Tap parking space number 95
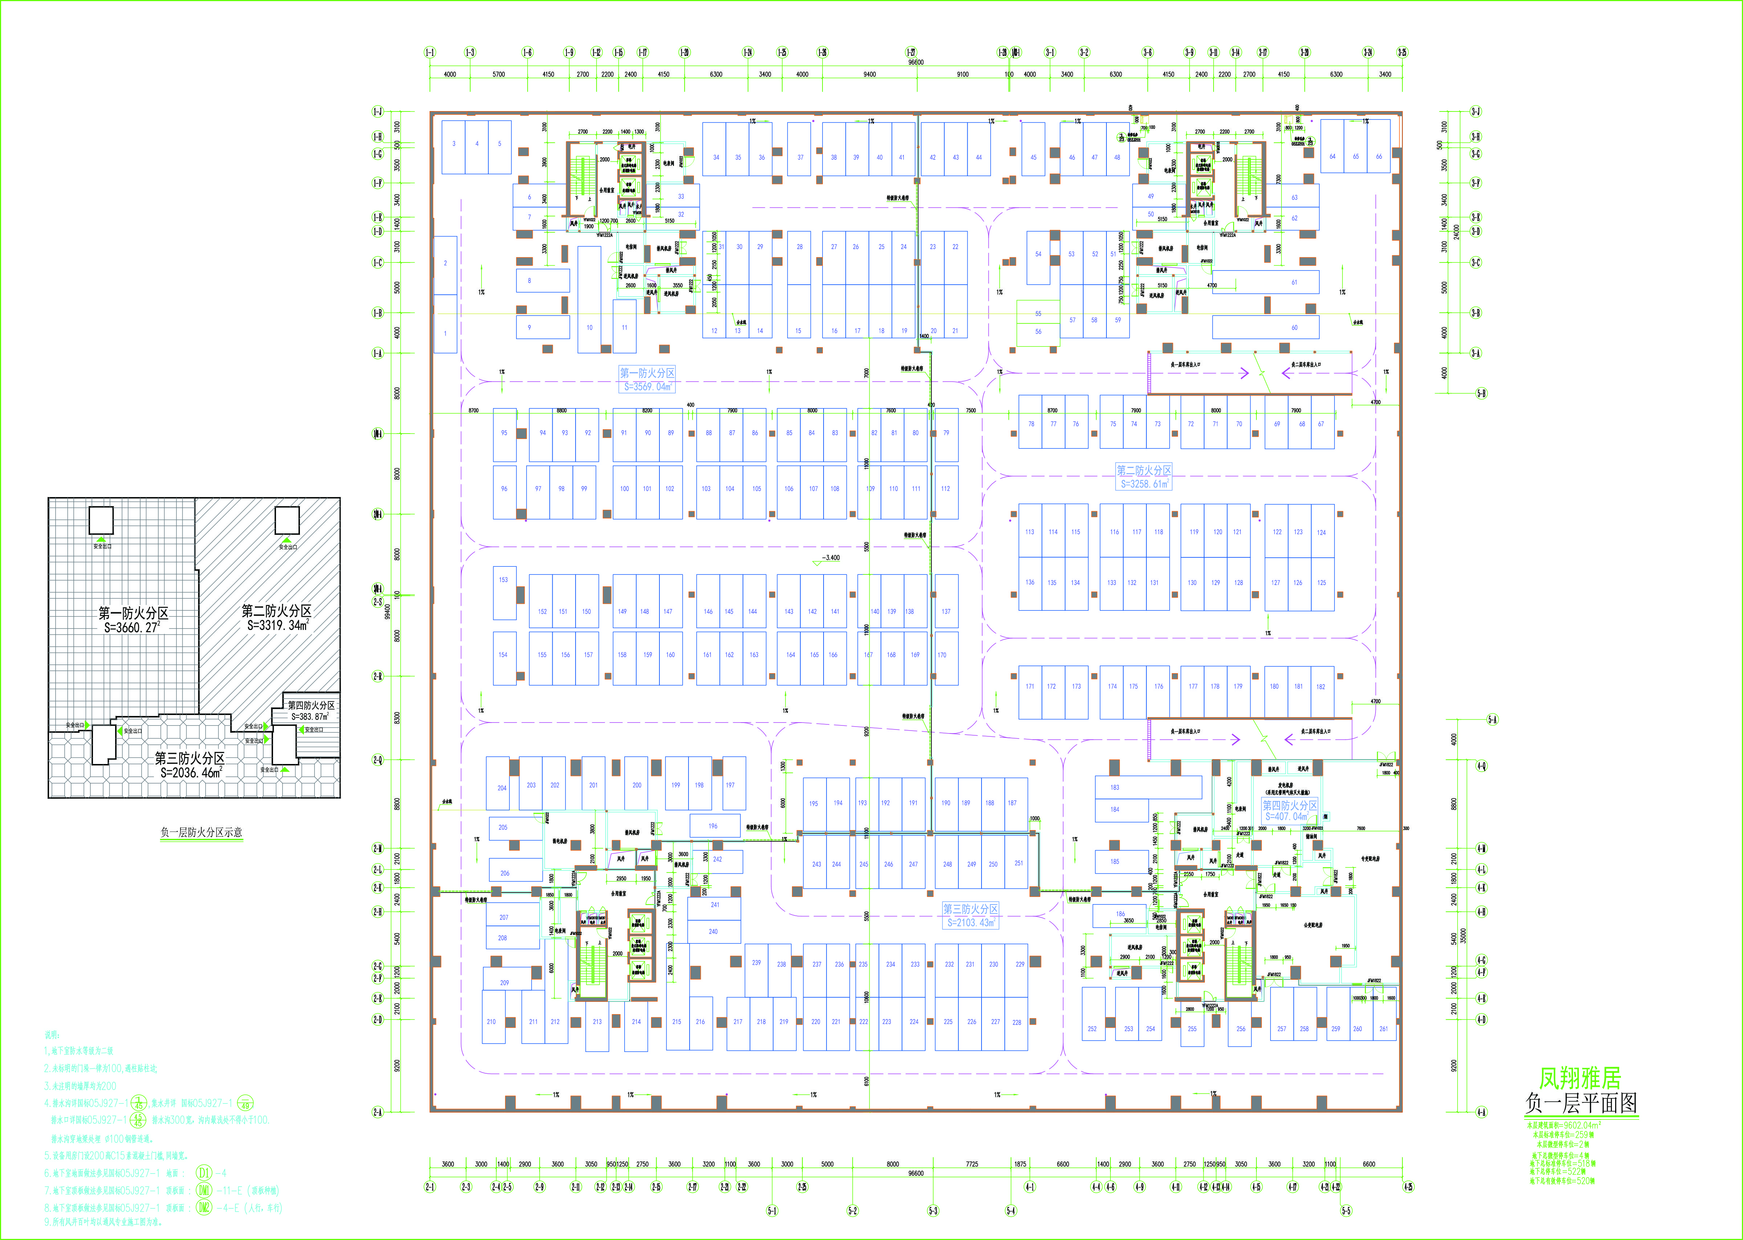[x=504, y=433]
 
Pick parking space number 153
[x=503, y=580]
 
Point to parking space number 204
[x=501, y=788]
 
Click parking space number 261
[x=1383, y=1029]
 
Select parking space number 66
[x=1379, y=156]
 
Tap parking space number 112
[x=945, y=489]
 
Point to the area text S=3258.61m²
[x=1144, y=484]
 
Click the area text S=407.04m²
[x=1289, y=816]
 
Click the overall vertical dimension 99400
[x=388, y=611]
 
